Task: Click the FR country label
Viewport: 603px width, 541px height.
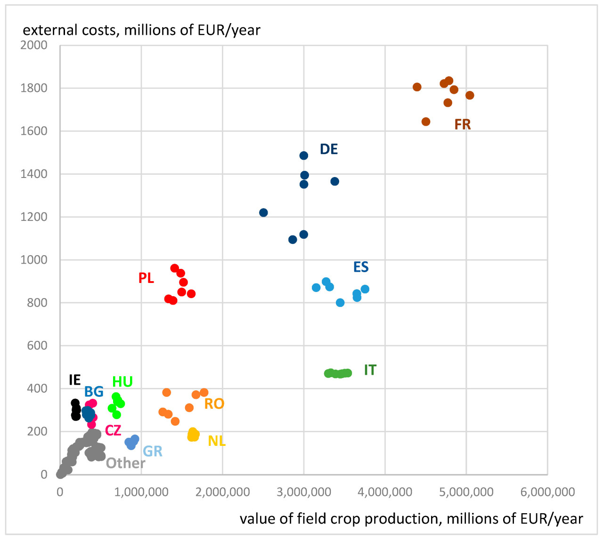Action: (x=462, y=124)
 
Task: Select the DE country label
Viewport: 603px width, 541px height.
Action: (x=328, y=149)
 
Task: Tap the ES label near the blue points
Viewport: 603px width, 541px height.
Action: (x=361, y=267)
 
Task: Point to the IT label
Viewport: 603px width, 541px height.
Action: (x=370, y=370)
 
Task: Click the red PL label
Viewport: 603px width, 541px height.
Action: (x=146, y=278)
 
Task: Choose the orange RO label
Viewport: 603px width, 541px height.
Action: (x=214, y=404)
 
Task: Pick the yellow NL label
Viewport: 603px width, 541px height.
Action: (x=217, y=441)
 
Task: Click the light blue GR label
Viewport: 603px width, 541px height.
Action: (x=152, y=451)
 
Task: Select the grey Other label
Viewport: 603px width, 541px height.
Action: (x=125, y=463)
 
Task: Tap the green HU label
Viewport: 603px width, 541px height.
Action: (x=122, y=381)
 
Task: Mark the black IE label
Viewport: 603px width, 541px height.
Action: (x=74, y=380)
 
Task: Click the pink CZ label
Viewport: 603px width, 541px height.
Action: (x=113, y=430)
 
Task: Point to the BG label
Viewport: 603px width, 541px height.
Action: (x=94, y=391)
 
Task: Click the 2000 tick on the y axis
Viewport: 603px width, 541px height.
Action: (x=34, y=45)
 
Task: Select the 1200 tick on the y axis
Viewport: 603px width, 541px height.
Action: (x=34, y=217)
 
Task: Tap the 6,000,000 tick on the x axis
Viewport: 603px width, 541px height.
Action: (x=547, y=492)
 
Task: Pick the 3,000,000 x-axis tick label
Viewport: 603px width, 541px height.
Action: (x=304, y=492)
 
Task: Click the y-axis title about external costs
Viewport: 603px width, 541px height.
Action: (x=141, y=30)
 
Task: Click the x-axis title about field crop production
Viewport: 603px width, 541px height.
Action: (x=411, y=518)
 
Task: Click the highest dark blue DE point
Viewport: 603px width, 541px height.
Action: (x=304, y=155)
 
